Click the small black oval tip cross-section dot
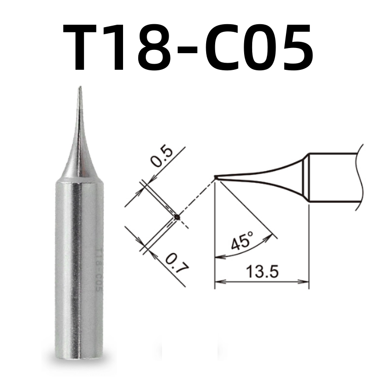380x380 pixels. point(177,217)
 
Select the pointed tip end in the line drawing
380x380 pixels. point(215,177)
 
